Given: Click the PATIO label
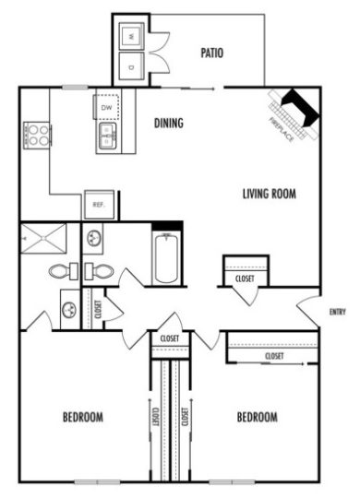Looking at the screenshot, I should tap(211, 53).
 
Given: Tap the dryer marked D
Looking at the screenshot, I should tap(130, 66).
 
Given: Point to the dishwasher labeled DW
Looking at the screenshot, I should tap(108, 107).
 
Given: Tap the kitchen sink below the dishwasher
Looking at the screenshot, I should tap(108, 139).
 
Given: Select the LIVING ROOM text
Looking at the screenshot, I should tap(269, 194).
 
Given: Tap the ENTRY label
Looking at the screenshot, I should tap(338, 312).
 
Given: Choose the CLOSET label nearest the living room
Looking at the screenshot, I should tap(245, 277).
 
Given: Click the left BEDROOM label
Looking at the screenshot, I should tap(82, 417).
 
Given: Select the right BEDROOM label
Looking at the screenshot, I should tap(257, 417).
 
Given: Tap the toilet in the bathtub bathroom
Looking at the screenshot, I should tap(101, 271).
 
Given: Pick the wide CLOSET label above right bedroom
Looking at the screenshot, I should tap(274, 355).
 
